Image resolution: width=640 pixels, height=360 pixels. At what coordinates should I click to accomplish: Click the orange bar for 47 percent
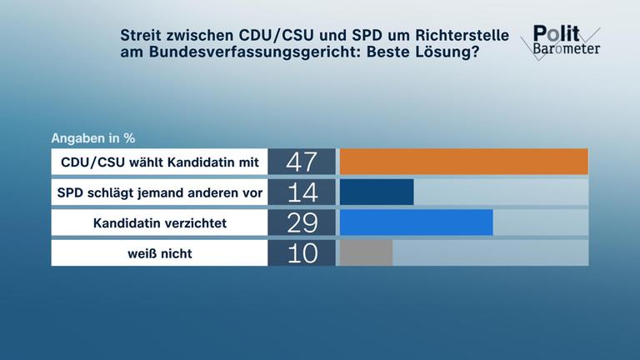point(464,162)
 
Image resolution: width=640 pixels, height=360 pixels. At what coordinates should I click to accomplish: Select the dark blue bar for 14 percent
point(377,192)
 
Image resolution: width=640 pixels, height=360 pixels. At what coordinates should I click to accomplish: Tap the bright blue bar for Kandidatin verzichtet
point(417,222)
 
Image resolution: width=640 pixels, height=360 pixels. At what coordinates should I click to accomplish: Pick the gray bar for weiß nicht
point(367,252)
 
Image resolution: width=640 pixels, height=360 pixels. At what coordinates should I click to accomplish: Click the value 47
point(302,162)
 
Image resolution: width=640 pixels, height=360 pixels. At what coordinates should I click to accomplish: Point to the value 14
point(302,192)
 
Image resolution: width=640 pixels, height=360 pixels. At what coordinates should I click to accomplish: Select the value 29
point(302,222)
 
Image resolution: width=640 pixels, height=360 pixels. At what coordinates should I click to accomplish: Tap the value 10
point(302,252)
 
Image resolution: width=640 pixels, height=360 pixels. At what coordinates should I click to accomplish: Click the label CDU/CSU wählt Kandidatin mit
point(159,162)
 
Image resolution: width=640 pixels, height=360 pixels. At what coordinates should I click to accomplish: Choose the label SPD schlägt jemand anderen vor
point(159,192)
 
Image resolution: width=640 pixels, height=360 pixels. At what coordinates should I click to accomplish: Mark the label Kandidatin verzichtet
point(159,222)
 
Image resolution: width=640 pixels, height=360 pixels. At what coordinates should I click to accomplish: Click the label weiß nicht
point(159,252)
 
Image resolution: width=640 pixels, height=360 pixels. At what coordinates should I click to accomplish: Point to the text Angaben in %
point(93,137)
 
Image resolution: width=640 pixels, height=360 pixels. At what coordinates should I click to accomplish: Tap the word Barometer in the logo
point(567,48)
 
